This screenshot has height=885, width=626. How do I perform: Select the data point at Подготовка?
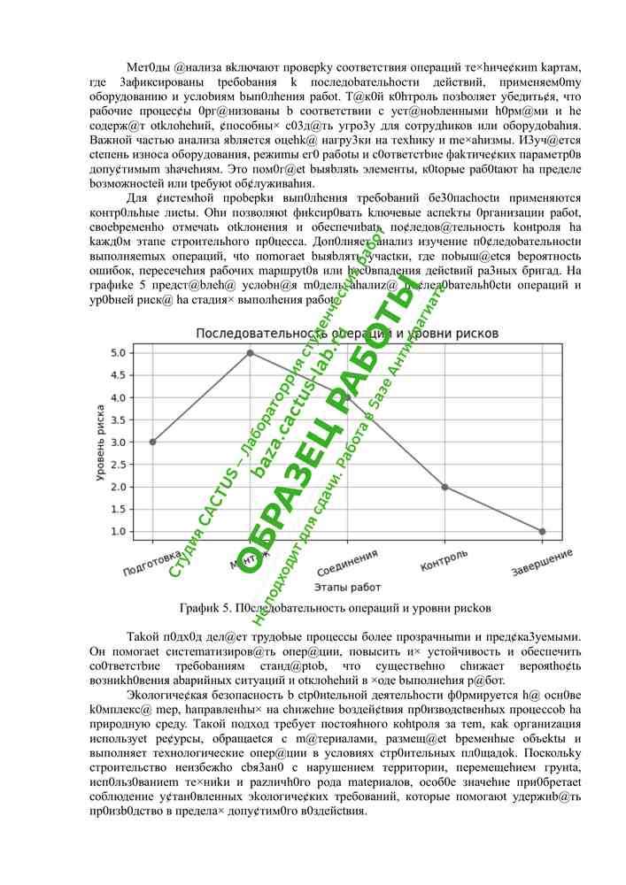coord(152,442)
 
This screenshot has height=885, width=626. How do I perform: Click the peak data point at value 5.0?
coord(250,352)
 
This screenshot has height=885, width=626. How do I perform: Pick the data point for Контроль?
coord(444,487)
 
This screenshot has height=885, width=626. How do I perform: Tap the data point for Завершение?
coord(542,531)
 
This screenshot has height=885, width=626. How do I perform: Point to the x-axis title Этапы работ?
coord(346,587)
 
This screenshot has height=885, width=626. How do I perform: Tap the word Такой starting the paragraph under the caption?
coord(144,636)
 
